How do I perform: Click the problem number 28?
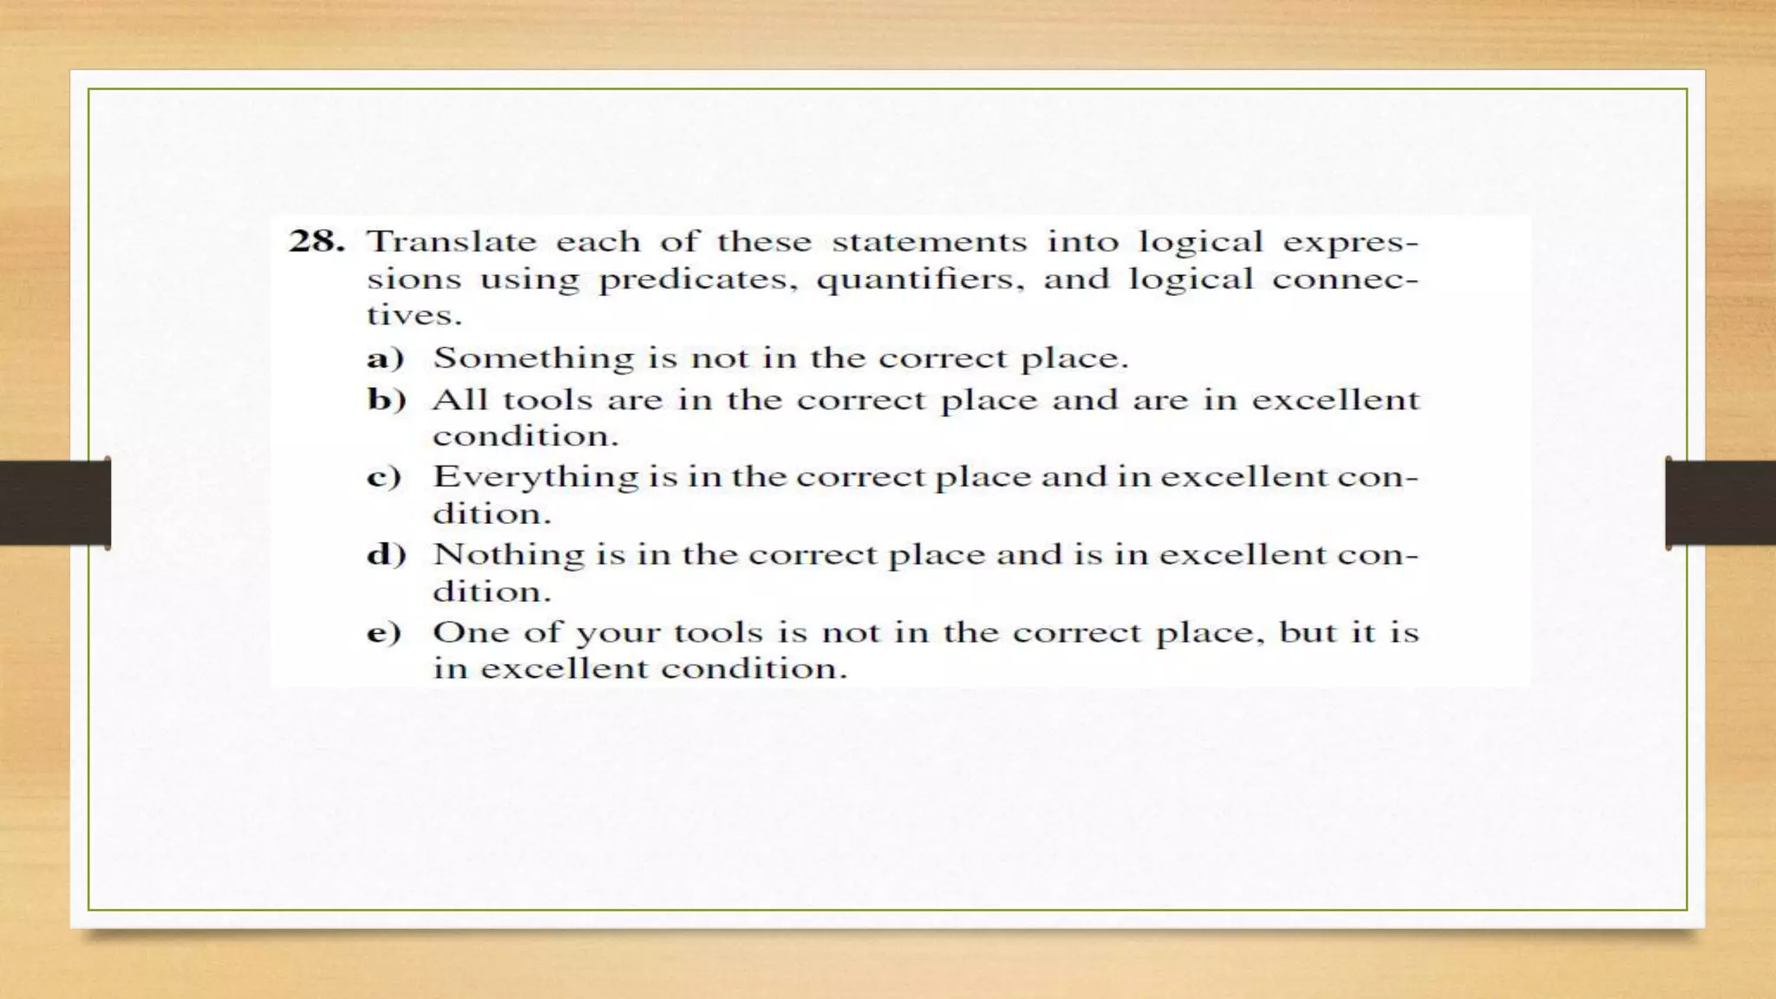pos(316,241)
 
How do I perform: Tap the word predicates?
pos(697,279)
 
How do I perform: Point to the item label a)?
pos(385,358)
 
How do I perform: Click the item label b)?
pos(387,400)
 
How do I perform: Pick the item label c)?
pos(384,477)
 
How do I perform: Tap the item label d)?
pos(387,554)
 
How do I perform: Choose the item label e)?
pos(384,632)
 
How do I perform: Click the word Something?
pos(533,358)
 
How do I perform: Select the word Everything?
pos(535,477)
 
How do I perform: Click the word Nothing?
pos(508,554)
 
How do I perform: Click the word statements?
pos(929,241)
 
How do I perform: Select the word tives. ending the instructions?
pos(414,315)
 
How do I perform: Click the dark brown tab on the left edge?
pos(55,503)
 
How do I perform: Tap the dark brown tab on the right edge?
pos(1720,503)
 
